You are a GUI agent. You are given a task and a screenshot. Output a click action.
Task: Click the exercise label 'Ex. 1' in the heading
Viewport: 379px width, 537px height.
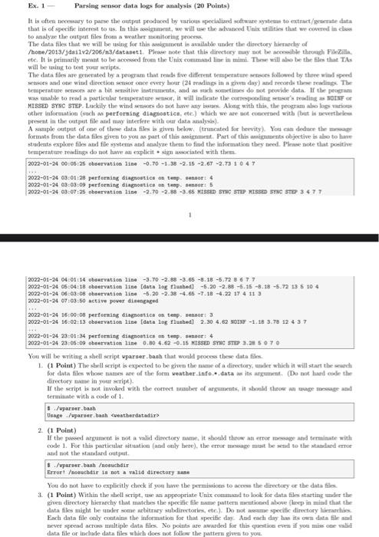coord(15,6)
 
